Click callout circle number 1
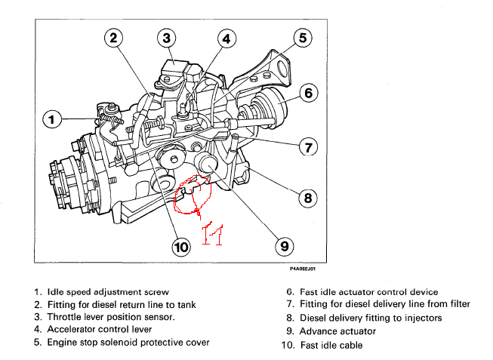pyautogui.click(x=51, y=119)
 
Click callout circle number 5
pyautogui.click(x=301, y=37)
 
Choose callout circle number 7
pyautogui.click(x=307, y=147)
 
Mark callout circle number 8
pyautogui.click(x=307, y=198)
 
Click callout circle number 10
pyautogui.click(x=181, y=245)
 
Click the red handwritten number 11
pyautogui.click(x=211, y=233)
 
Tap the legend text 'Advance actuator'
pyautogui.click(x=337, y=331)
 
